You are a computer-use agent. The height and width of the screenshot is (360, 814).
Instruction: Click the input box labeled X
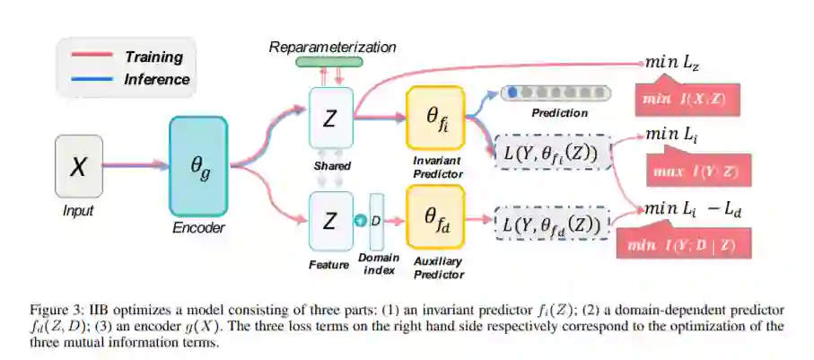[79, 166]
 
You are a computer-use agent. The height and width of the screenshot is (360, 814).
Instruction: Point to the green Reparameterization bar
[329, 62]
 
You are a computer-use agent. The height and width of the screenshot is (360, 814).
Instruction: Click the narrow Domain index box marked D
[376, 220]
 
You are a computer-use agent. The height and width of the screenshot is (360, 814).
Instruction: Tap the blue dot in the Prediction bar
[511, 92]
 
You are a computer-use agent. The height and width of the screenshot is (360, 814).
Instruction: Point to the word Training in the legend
[153, 57]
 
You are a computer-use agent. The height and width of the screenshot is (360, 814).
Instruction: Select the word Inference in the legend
[156, 79]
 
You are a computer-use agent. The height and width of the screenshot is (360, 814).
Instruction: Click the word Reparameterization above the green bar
[331, 46]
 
